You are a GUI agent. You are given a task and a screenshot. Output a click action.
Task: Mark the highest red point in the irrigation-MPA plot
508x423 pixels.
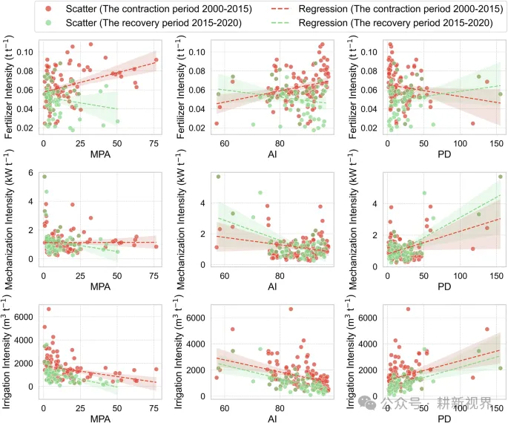click(49, 309)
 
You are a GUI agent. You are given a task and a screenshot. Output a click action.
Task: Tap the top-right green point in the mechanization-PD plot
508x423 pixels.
click(500, 177)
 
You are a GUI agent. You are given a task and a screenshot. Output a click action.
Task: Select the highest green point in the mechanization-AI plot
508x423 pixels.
click(218, 177)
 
